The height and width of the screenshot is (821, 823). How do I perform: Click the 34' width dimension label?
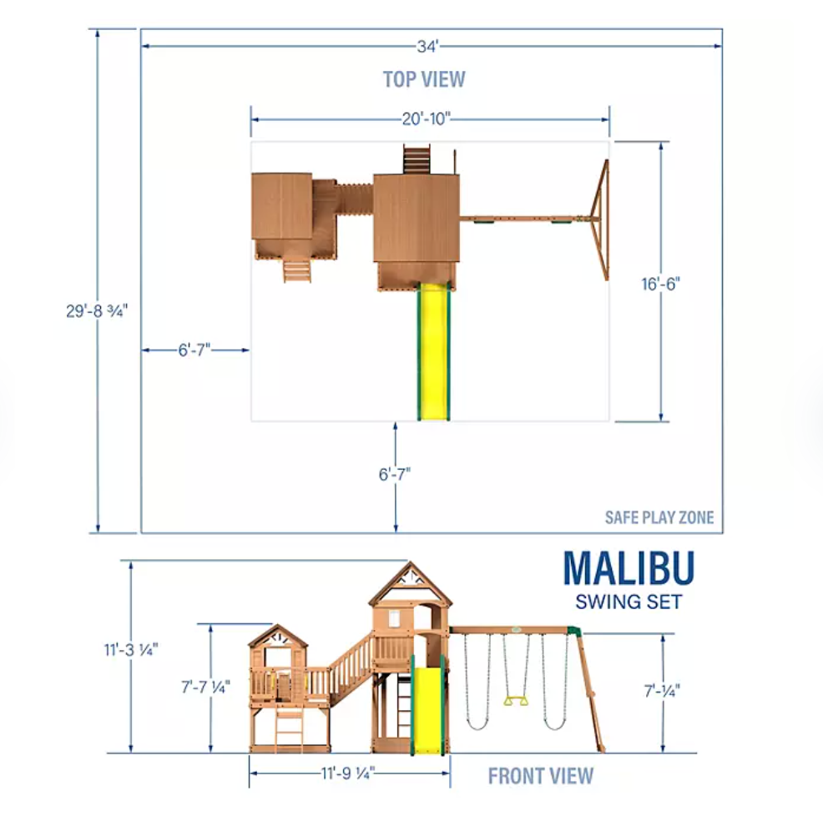[427, 47]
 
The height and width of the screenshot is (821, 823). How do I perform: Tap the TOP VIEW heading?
[424, 79]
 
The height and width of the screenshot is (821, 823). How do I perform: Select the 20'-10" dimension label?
[427, 119]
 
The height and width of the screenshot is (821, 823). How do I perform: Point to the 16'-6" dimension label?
[660, 284]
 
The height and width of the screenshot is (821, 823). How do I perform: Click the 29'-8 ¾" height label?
[97, 311]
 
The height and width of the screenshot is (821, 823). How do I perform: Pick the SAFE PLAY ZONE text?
[659, 518]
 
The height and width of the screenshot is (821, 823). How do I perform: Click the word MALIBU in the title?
[629, 568]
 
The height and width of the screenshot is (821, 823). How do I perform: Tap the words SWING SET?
[629, 602]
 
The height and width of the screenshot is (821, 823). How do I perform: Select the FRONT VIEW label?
[541, 776]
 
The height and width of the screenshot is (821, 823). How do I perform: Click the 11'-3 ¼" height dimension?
[131, 650]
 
